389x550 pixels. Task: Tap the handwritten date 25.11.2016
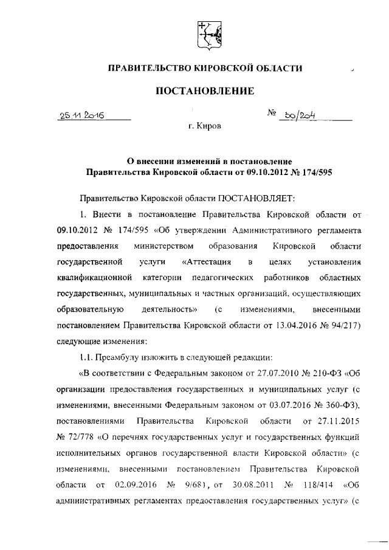81,115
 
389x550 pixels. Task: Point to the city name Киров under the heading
208,128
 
